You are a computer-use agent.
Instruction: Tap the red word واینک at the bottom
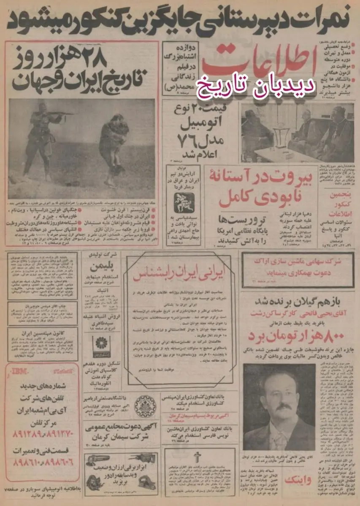tap(299, 480)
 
